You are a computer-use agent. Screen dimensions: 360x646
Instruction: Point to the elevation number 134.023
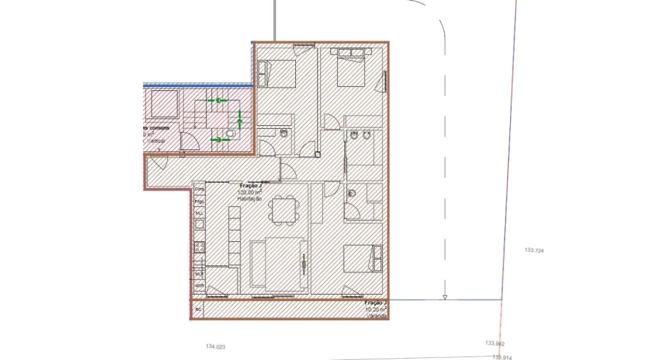point(215,346)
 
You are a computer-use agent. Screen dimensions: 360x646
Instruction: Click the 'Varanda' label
point(377,316)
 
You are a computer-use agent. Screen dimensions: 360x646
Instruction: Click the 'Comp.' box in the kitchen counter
point(199,189)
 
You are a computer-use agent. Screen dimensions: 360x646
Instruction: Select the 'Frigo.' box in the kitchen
point(199,201)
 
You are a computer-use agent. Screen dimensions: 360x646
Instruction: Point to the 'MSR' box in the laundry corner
point(199,287)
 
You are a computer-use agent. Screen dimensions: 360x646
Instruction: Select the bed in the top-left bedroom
point(277,73)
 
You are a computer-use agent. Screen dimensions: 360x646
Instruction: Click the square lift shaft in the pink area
point(164,105)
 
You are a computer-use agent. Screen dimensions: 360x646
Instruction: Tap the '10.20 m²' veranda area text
point(375,309)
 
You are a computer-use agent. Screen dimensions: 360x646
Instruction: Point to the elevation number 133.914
point(502,357)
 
